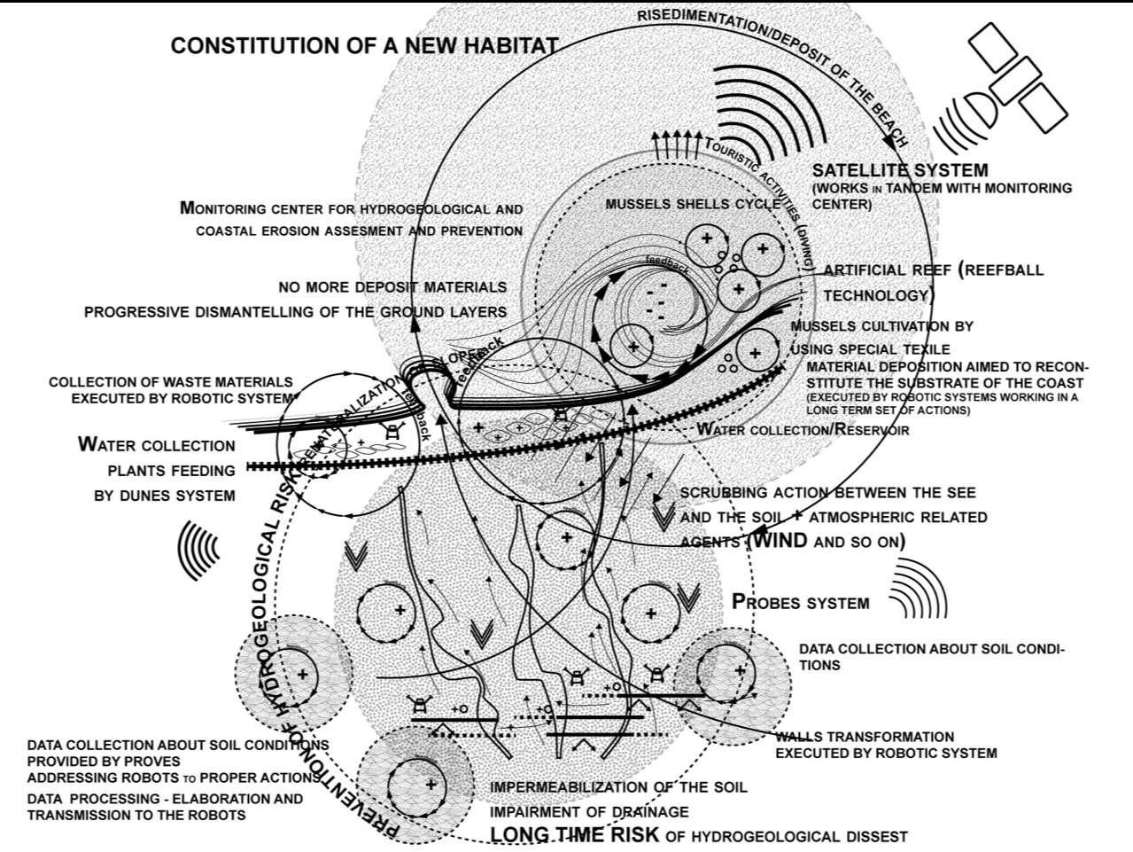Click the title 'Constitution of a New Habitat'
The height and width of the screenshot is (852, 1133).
point(364,46)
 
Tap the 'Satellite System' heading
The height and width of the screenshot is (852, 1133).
point(900,170)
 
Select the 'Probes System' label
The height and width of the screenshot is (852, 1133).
point(801,602)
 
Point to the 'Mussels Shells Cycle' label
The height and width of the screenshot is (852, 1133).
point(693,204)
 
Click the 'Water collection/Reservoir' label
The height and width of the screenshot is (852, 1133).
point(803,430)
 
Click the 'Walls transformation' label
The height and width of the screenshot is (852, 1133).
point(865,737)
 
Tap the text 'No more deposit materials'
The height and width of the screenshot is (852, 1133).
point(392,287)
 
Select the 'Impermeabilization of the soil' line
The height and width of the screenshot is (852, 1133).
point(618,787)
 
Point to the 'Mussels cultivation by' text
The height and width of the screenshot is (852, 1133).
point(881,326)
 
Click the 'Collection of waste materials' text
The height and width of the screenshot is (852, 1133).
point(170,382)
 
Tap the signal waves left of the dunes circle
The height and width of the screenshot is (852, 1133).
point(200,550)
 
